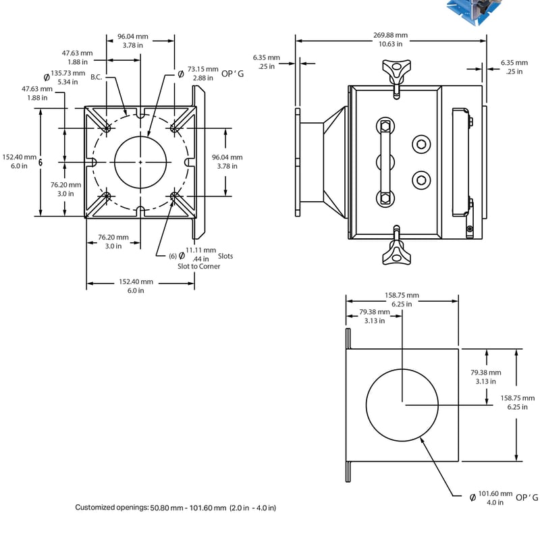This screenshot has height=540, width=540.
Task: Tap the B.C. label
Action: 97,77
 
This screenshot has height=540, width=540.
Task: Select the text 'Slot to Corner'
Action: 198,266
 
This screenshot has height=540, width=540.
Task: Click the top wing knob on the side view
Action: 394,70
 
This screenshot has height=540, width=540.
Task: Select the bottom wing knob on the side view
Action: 394,254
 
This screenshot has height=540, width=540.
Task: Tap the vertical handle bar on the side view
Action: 384,162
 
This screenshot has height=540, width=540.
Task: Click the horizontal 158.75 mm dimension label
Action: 402,300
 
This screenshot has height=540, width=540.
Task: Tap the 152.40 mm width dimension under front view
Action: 136,286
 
